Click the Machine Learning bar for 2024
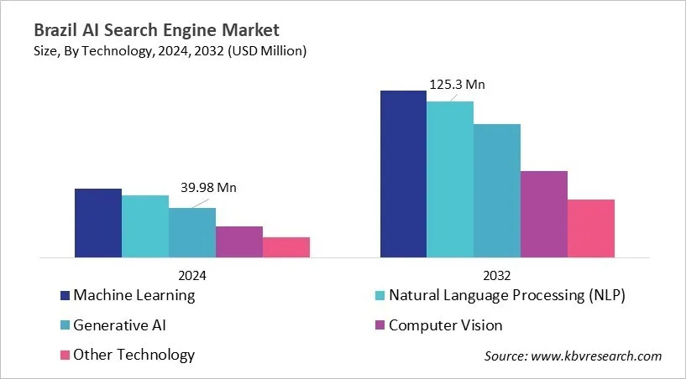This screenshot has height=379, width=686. tap(98, 222)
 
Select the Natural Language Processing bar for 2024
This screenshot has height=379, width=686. tap(145, 226)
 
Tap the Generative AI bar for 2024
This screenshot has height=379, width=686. tap(192, 232)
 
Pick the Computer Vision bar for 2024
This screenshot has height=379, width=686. tap(239, 241)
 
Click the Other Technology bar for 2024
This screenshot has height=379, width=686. tap(286, 247)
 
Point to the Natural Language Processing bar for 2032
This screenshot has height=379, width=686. tap(450, 179)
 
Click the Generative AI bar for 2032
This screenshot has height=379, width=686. tap(497, 190)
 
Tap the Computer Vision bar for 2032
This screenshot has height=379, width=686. tap(544, 214)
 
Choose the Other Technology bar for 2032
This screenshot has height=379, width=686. tap(591, 228)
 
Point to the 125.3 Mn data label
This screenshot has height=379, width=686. tap(458, 84)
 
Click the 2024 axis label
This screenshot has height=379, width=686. tap(192, 275)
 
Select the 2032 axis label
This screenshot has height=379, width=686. tap(497, 275)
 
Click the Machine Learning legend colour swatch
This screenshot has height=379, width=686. tap(65, 295)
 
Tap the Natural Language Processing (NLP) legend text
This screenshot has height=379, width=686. tap(506, 295)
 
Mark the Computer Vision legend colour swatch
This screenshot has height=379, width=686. tap(380, 324)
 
